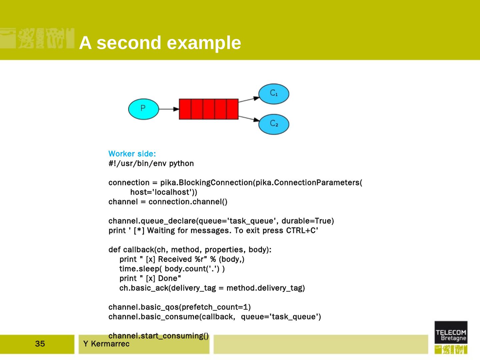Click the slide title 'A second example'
click(160, 43)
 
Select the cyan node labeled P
click(143, 109)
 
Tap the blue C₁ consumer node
click(274, 94)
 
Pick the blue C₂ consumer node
click(274, 124)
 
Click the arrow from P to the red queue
click(169, 109)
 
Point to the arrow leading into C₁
click(249, 99)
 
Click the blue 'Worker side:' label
click(132, 154)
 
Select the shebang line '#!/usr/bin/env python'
click(151, 163)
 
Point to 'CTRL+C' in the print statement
click(302, 231)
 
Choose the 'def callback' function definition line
click(190, 250)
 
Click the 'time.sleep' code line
click(172, 269)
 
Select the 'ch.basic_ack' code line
click(212, 288)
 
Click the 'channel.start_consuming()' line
click(158, 336)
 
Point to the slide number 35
click(40, 344)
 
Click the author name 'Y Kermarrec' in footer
click(106, 344)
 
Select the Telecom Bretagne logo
click(451, 337)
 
